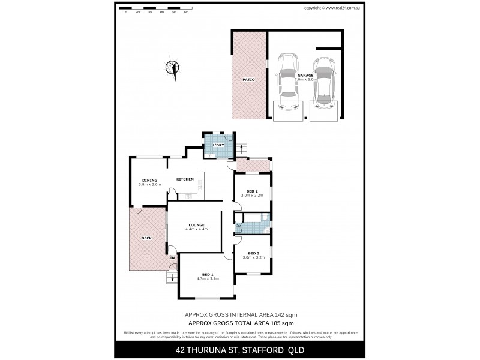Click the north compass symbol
point(173,68)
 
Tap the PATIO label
point(248,79)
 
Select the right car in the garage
point(323,82)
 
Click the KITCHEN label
point(185,179)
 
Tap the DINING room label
point(149,180)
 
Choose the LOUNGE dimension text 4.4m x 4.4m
point(196,229)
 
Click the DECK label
point(146,238)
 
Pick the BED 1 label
point(208,274)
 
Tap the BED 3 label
point(253,253)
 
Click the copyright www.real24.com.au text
point(331,8)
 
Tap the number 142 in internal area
point(280,314)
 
